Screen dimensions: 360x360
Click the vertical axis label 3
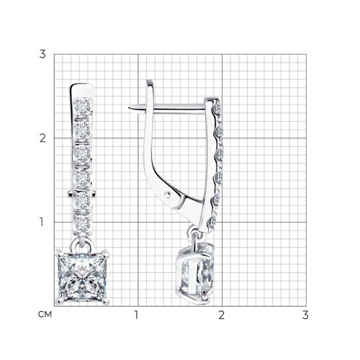pos(42,54)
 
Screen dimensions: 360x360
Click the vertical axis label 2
pos(42,138)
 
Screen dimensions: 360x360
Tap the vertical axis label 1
pos(42,222)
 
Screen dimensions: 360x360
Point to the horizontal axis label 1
pos(137,315)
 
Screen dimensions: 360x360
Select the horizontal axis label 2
pos(221,315)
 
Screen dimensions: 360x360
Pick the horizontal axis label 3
pos(305,315)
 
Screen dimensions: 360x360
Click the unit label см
pos(45,315)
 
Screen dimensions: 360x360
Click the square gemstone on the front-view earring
pos(82,277)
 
